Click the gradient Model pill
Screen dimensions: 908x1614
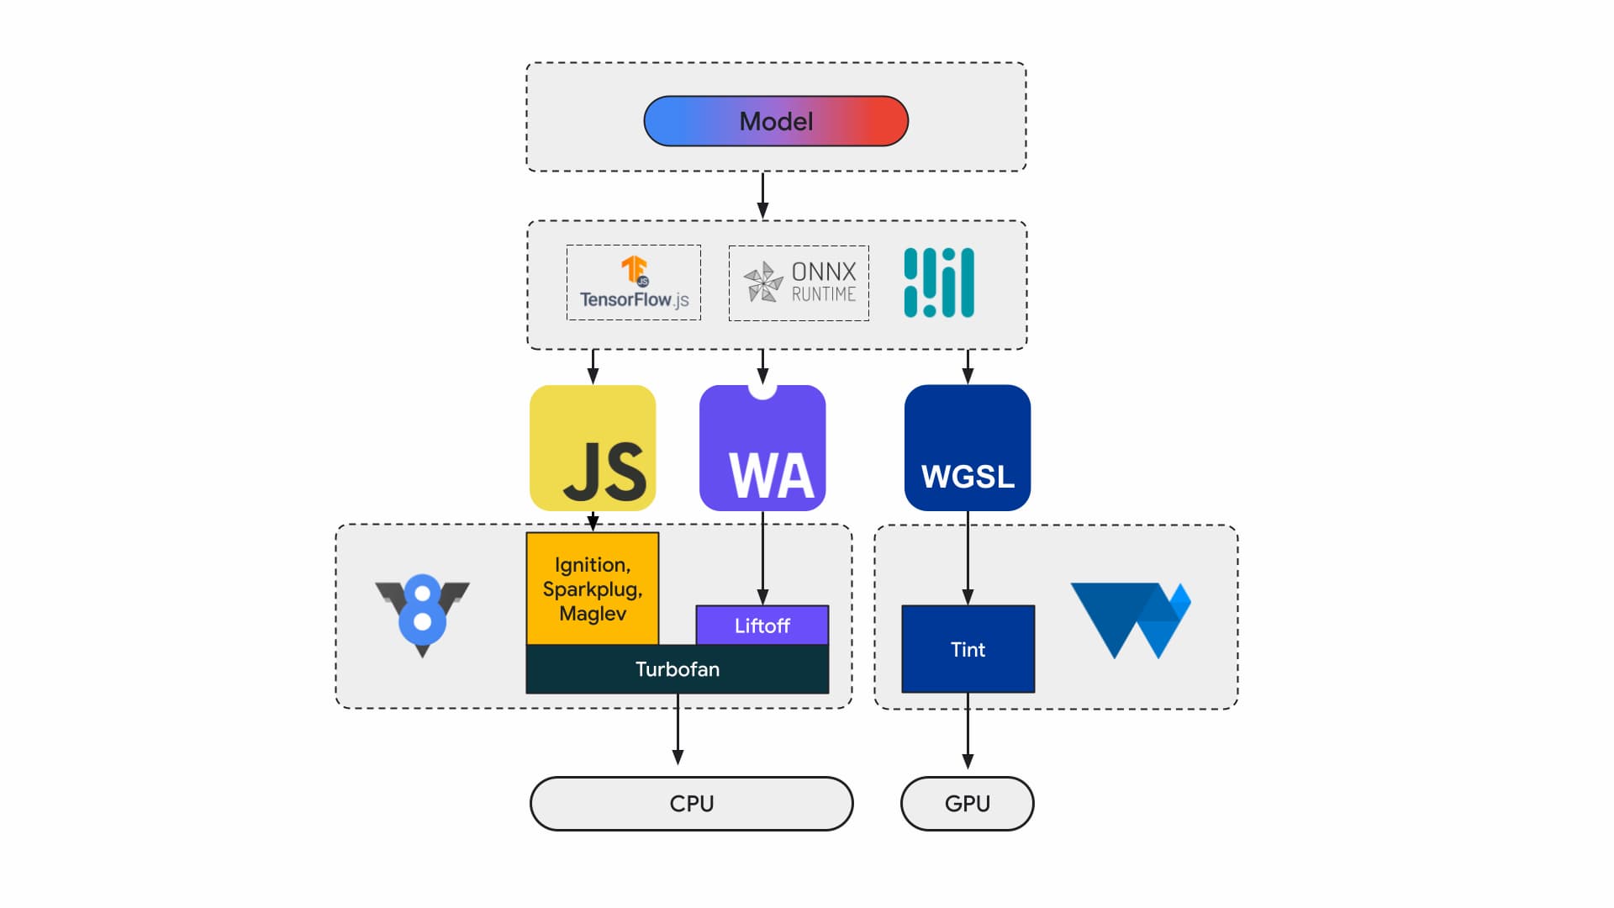click(775, 121)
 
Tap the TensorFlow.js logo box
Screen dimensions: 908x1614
click(633, 282)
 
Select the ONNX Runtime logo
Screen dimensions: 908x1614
click(799, 282)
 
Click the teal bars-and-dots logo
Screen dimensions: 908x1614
click(938, 282)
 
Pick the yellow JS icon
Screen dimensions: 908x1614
click(593, 448)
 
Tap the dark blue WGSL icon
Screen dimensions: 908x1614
click(968, 448)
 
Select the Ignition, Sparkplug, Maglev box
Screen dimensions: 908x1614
click(592, 589)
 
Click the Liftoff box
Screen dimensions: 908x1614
click(762, 626)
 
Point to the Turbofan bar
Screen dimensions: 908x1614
click(677, 669)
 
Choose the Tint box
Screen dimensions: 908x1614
click(968, 649)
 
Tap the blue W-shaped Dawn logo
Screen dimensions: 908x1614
click(1131, 620)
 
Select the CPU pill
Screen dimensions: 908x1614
click(691, 804)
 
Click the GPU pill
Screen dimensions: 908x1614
click(967, 804)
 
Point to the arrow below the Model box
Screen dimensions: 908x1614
click(762, 196)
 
